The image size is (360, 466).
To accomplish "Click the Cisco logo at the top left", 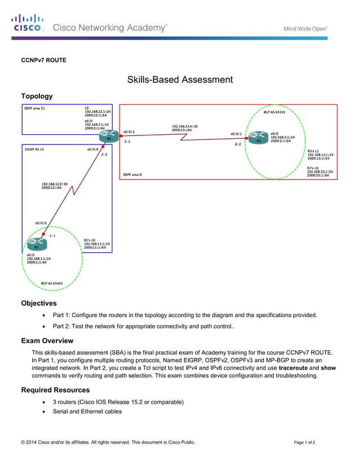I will point(27,23).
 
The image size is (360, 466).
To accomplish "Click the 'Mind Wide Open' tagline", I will point(305,28).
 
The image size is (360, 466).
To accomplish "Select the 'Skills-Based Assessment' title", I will point(179,80).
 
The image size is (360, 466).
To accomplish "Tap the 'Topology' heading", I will point(37,96).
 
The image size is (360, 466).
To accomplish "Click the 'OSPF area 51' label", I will point(35,108).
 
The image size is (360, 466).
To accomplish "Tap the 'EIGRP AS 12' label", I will point(34,150).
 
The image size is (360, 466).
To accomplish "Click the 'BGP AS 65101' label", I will point(274,112).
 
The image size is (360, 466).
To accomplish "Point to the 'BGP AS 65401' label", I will point(51,283).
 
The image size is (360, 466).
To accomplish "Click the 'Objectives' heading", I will point(39,304).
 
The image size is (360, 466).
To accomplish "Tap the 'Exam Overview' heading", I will point(47,341).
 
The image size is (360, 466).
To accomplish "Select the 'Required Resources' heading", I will point(55,390).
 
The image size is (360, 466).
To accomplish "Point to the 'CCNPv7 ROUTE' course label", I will point(43,60).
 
